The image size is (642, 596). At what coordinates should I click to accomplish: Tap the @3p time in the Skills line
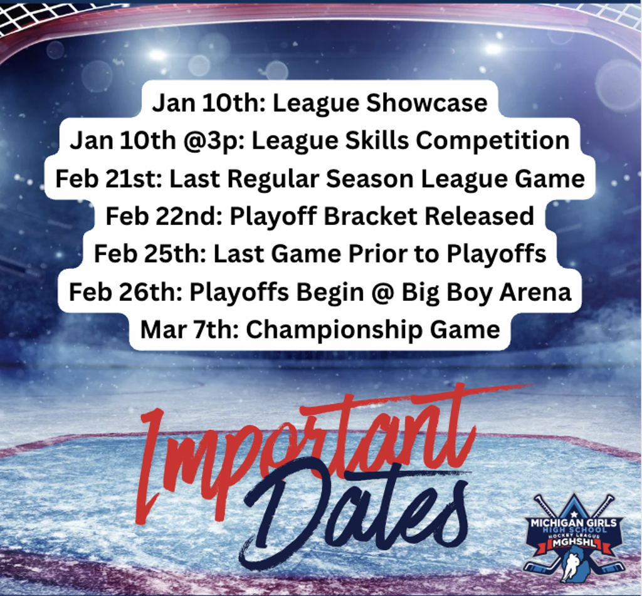click(213, 141)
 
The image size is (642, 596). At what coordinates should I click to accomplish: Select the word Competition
click(493, 141)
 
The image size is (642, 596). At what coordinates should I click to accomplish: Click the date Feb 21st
click(108, 179)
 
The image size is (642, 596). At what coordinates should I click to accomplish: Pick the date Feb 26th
click(125, 292)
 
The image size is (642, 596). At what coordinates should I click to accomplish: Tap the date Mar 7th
click(189, 330)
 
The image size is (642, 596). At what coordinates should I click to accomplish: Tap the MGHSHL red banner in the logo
click(574, 543)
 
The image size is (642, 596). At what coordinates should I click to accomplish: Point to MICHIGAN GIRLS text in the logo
click(574, 523)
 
